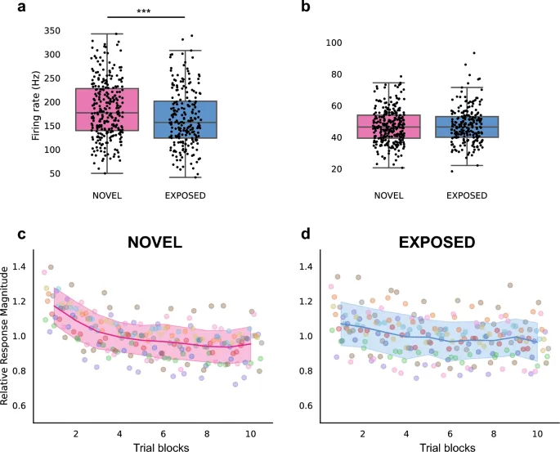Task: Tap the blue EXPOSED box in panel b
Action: [469, 127]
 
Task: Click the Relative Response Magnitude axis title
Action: [7, 338]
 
